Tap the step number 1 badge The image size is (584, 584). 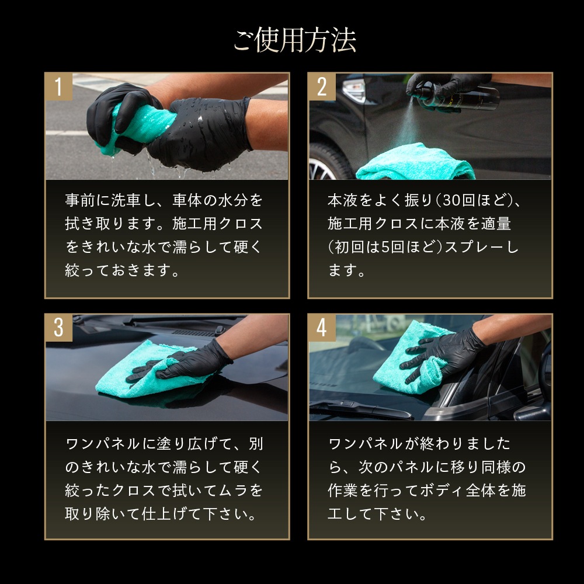point(58,86)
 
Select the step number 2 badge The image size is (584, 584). point(322,86)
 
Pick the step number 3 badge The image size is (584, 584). point(58,328)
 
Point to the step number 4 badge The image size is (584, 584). point(322,328)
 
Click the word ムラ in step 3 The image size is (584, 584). point(232,491)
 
